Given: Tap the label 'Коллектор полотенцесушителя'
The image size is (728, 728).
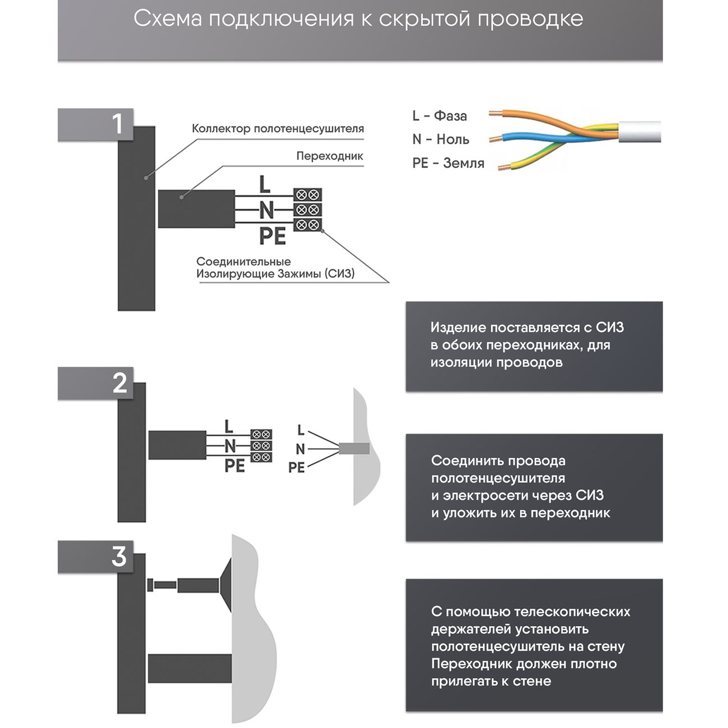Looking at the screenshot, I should click(x=278, y=129).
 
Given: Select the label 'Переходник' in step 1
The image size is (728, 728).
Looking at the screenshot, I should click(x=329, y=156).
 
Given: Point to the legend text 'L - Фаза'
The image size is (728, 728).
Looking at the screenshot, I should click(x=439, y=116).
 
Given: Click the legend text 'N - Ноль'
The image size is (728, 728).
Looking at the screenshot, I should click(x=440, y=139).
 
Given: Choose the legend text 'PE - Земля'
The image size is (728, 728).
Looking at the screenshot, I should click(x=448, y=164).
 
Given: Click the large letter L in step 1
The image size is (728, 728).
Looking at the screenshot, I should click(x=264, y=185).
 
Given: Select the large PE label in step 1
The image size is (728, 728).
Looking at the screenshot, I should click(x=273, y=236).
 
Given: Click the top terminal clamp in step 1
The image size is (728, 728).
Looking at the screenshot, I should click(x=307, y=195).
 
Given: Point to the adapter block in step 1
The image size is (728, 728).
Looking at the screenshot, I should click(x=196, y=209).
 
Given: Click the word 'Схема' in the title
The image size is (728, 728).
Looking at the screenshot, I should click(x=167, y=19).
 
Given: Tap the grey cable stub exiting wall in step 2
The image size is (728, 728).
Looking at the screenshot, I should click(x=354, y=449).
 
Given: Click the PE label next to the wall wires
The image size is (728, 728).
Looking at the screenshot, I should click(x=296, y=468).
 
